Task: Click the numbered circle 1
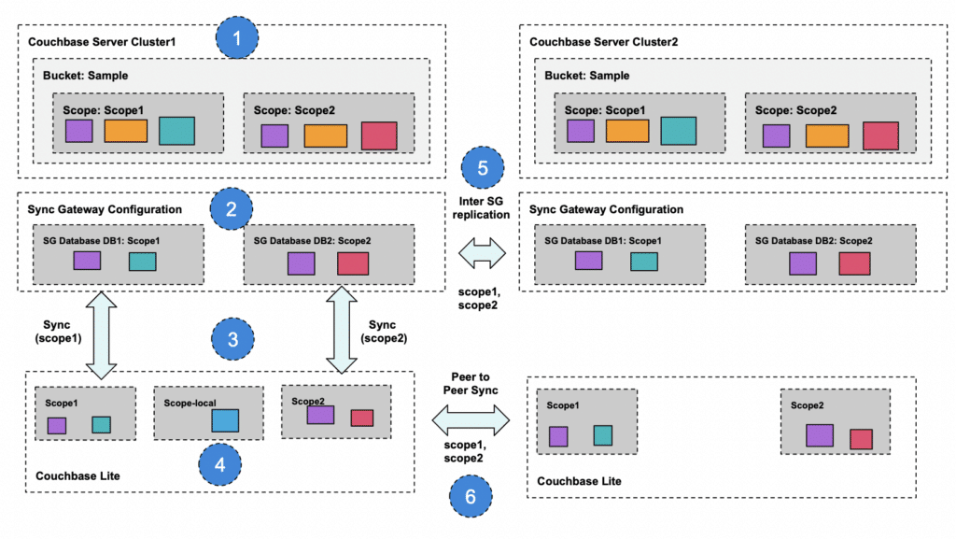[237, 40]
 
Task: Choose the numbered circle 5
[483, 169]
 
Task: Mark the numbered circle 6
[471, 494]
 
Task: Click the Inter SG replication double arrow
[483, 251]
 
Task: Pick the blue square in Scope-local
[225, 420]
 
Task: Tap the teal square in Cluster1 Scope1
[176, 131]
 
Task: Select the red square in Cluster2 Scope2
[880, 135]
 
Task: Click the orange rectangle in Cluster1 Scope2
[326, 135]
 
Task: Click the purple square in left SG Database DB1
[88, 260]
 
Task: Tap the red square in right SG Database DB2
[854, 263]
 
